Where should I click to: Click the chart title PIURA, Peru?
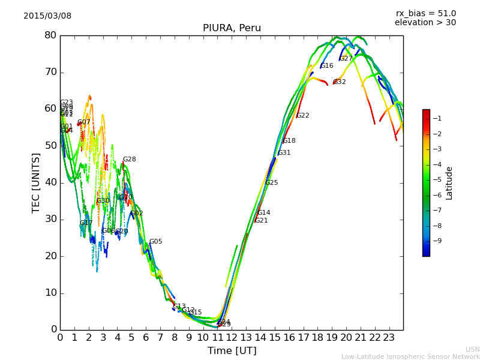click(232, 28)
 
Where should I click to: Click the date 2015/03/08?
click(47, 16)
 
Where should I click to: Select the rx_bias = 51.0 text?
click(425, 13)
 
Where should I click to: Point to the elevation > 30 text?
click(425, 23)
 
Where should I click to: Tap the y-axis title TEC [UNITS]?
click(37, 183)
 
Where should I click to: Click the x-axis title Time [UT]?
click(232, 350)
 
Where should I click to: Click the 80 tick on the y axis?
click(50, 35)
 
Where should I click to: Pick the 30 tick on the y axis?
click(50, 219)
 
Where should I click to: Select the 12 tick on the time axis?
click(232, 338)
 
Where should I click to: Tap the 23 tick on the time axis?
click(389, 338)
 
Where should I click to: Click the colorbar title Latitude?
click(449, 183)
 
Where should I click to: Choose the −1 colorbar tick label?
click(437, 118)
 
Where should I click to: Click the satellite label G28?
click(129, 160)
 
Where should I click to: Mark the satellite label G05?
click(155, 242)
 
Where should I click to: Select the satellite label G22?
click(303, 116)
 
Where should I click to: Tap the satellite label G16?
click(327, 66)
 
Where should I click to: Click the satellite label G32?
click(340, 82)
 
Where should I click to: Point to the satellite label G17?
click(86, 223)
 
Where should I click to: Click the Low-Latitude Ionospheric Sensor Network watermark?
click(410, 356)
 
